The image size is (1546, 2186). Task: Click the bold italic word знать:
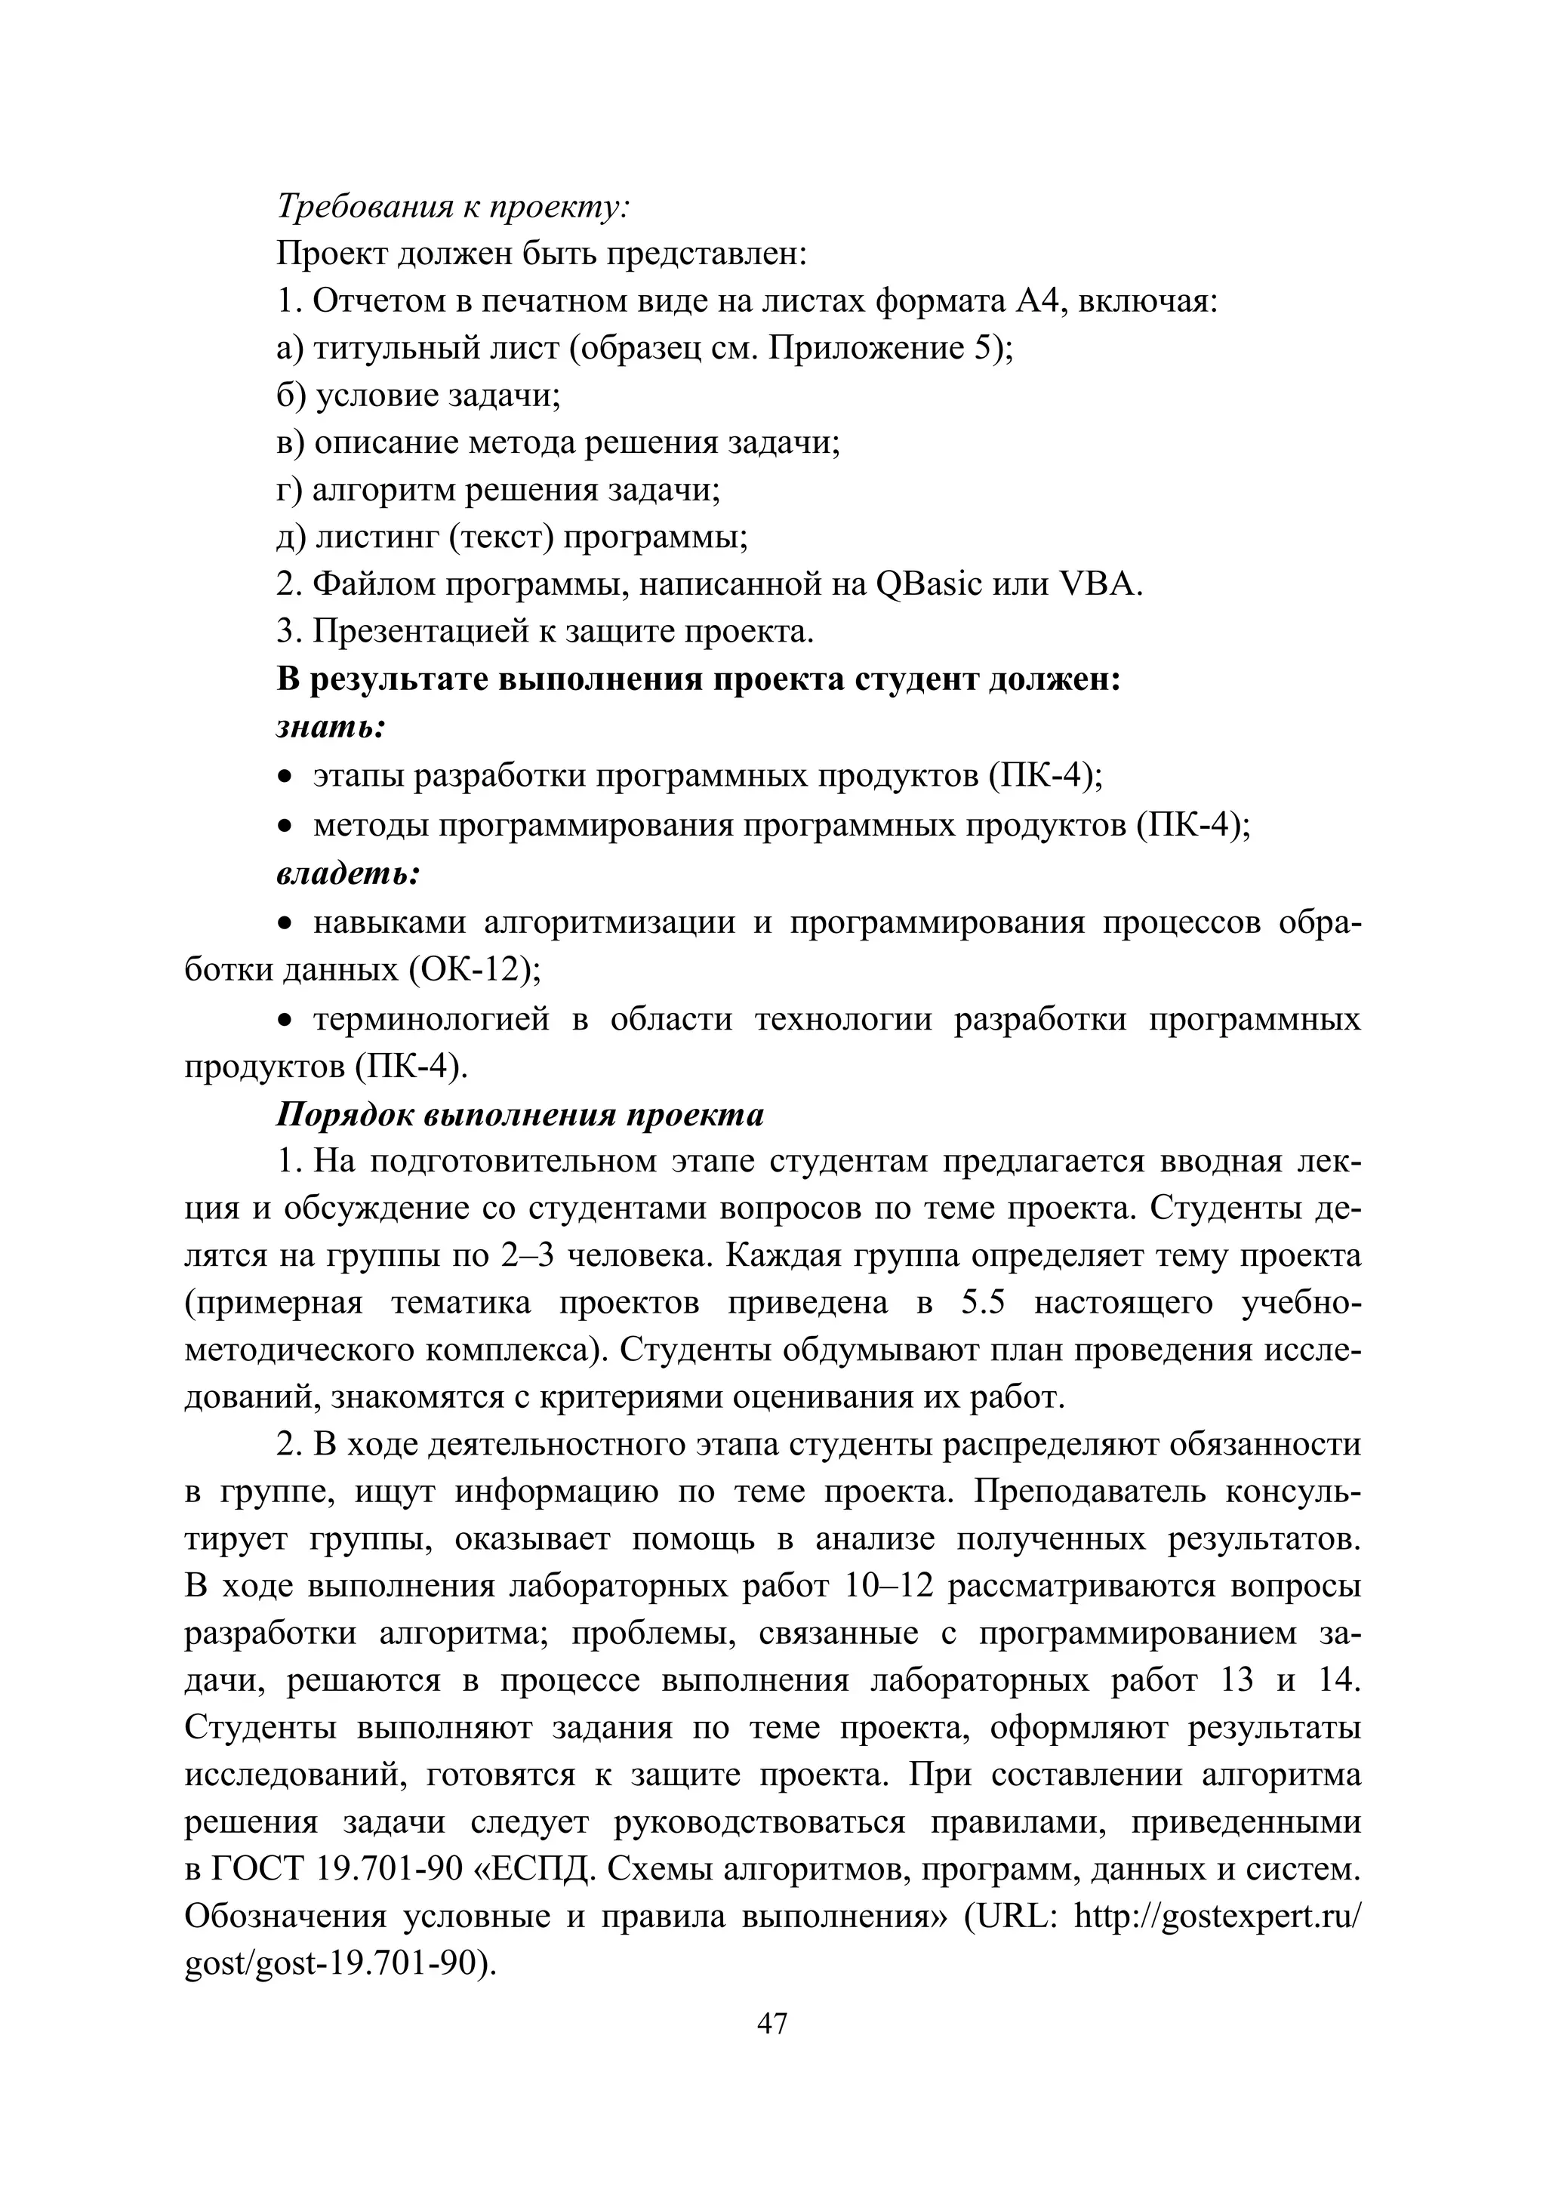(331, 728)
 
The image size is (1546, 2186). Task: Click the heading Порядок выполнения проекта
(520, 1115)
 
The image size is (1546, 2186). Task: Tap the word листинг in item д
(376, 537)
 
